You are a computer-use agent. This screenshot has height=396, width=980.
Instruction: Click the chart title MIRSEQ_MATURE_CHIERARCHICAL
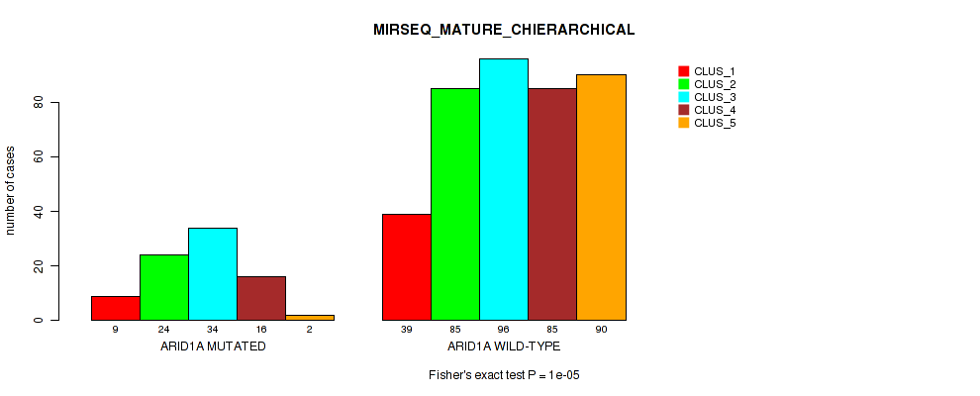pyautogui.click(x=504, y=30)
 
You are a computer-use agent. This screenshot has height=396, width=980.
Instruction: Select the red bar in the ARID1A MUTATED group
pyautogui.click(x=115, y=308)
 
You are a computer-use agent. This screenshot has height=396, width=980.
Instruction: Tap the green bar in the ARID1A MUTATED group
pyautogui.click(x=163, y=287)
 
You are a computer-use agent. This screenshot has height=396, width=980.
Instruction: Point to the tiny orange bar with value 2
pyautogui.click(x=309, y=318)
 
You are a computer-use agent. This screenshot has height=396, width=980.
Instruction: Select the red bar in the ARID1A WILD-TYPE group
pyautogui.click(x=406, y=267)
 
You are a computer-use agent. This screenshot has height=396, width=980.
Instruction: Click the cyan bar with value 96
pyautogui.click(x=503, y=189)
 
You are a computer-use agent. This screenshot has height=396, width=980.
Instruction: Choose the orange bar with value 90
pyautogui.click(x=600, y=197)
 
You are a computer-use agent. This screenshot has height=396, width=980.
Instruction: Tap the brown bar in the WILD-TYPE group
pyautogui.click(x=551, y=204)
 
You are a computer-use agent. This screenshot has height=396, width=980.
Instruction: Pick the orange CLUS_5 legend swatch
pyautogui.click(x=683, y=123)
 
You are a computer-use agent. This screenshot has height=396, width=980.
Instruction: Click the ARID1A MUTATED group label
pyautogui.click(x=212, y=346)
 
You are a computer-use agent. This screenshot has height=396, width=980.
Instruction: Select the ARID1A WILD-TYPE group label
pyautogui.click(x=503, y=346)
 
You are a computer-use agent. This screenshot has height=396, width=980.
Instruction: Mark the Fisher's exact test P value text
pyautogui.click(x=503, y=375)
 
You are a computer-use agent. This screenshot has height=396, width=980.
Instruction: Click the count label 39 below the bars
pyautogui.click(x=406, y=330)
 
